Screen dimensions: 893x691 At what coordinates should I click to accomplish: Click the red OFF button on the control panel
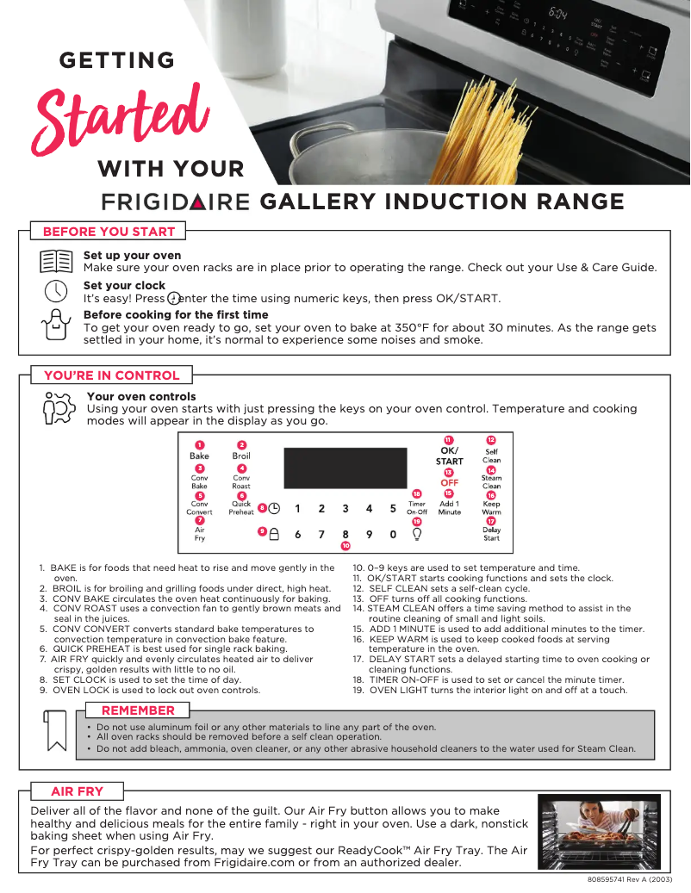[449, 483]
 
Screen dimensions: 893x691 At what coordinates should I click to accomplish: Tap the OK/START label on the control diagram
[449, 456]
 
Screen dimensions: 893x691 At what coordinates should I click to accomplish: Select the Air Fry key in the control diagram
[199, 534]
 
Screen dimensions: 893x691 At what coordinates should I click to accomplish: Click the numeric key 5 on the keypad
[392, 509]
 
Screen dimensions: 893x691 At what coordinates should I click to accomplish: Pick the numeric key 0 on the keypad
[392, 535]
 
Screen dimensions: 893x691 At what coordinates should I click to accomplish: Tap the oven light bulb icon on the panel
[416, 534]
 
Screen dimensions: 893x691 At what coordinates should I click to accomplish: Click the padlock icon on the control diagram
[274, 534]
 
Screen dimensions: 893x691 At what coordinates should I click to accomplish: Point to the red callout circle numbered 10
[345, 546]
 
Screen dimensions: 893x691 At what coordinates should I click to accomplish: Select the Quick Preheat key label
[241, 508]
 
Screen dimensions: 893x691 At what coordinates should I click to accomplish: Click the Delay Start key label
[491, 534]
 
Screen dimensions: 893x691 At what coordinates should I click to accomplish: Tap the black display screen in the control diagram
[345, 468]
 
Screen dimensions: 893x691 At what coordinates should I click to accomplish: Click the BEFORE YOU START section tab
[109, 231]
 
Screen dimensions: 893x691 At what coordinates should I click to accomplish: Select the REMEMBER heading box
[138, 710]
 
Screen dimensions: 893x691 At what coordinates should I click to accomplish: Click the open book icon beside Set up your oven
[56, 261]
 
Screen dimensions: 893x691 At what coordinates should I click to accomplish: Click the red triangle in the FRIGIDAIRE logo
[199, 202]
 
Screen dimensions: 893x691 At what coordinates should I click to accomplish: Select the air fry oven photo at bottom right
[600, 832]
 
